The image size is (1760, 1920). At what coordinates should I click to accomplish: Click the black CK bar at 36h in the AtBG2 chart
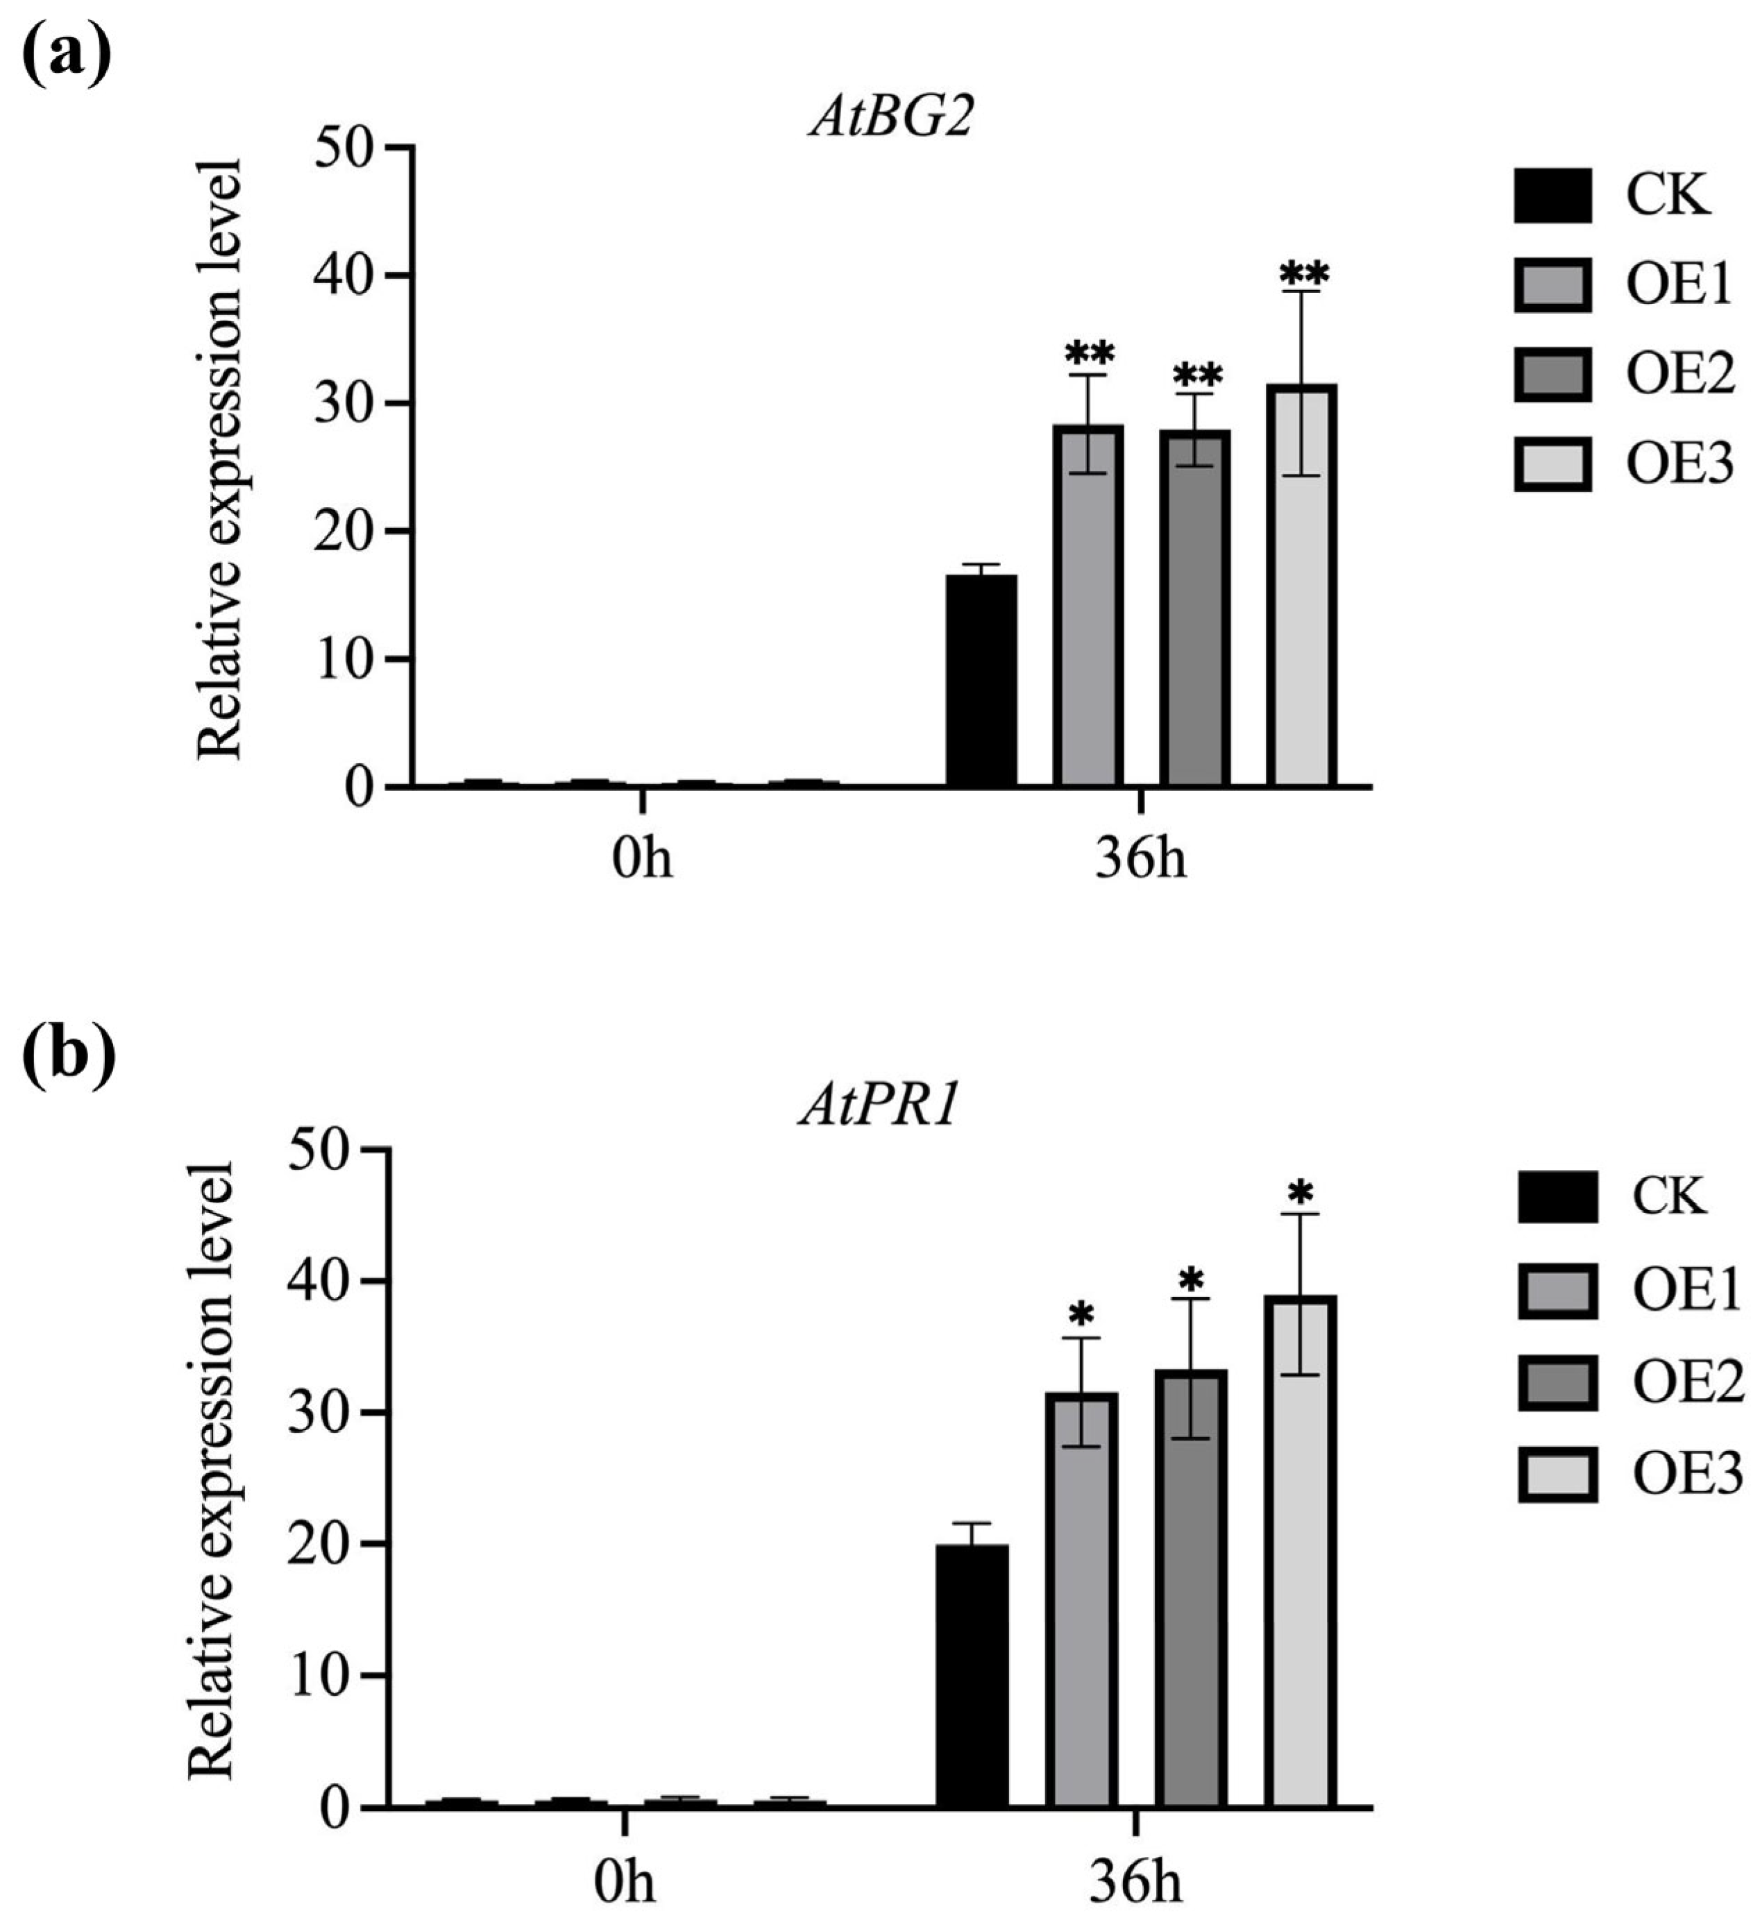pyautogui.click(x=981, y=680)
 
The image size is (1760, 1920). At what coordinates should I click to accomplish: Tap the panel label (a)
pyautogui.click(x=66, y=54)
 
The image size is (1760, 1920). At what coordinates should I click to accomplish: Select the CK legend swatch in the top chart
pyautogui.click(x=1552, y=195)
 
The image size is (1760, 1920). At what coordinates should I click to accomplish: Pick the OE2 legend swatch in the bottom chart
pyautogui.click(x=1557, y=1384)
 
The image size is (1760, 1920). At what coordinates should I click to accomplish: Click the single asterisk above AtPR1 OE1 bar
pyautogui.click(x=1081, y=1314)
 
